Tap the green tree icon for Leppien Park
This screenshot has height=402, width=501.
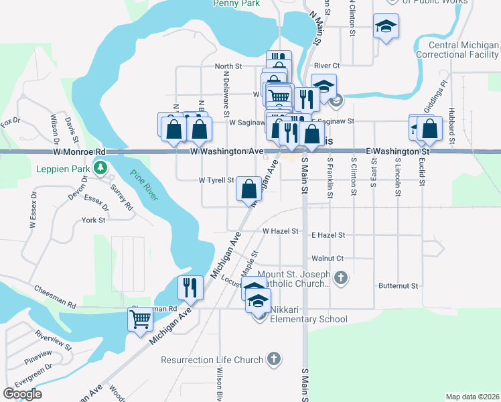click(100, 167)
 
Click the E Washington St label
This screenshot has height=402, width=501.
click(397, 152)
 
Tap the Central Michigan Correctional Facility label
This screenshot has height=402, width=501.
click(457, 50)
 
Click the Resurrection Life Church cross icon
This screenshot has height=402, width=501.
click(273, 359)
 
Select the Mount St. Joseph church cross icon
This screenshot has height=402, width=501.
click(341, 277)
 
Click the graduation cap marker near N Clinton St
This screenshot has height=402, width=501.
click(386, 26)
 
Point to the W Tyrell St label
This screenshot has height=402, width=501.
click(216, 180)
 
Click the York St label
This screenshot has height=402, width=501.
click(93, 220)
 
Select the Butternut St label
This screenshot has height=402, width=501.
click(398, 285)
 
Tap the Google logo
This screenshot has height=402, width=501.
click(22, 394)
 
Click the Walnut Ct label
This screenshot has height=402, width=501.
click(328, 258)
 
